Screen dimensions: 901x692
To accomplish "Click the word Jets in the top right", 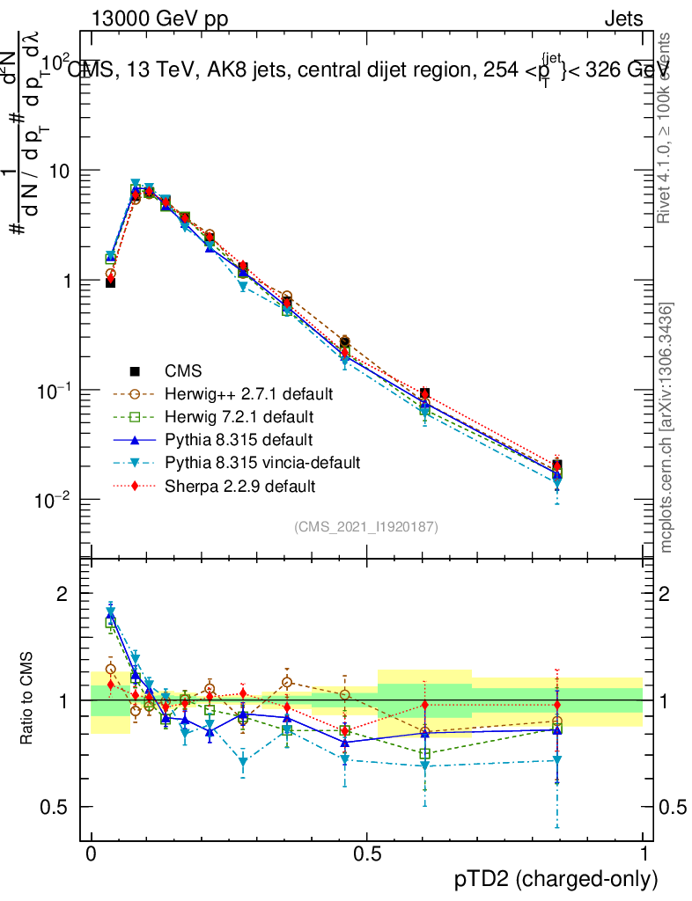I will [x=623, y=18].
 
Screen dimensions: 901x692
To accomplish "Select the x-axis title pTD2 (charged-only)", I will [x=556, y=878].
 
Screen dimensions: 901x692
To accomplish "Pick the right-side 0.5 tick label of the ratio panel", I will [x=671, y=807].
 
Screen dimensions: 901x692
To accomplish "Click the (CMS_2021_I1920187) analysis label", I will [x=366, y=526].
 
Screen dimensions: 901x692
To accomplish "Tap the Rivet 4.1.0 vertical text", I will [x=666, y=128].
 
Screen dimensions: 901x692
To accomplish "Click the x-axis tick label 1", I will [x=644, y=854].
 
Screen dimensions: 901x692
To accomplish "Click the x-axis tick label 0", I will [x=91, y=854].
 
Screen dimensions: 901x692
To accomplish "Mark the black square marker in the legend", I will [x=135, y=370].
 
